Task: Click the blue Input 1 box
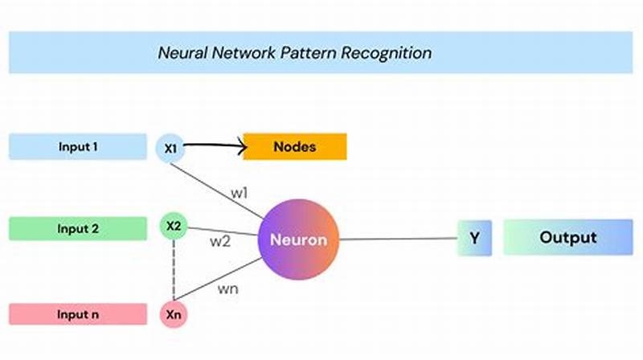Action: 77,147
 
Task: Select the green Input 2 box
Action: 77,228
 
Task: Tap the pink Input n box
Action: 77,313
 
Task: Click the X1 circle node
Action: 170,148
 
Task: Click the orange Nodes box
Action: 294,147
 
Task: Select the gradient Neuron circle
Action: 298,239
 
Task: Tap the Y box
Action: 474,238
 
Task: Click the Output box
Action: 567,238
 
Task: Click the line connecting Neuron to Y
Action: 398,239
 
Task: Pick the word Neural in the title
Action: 181,53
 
